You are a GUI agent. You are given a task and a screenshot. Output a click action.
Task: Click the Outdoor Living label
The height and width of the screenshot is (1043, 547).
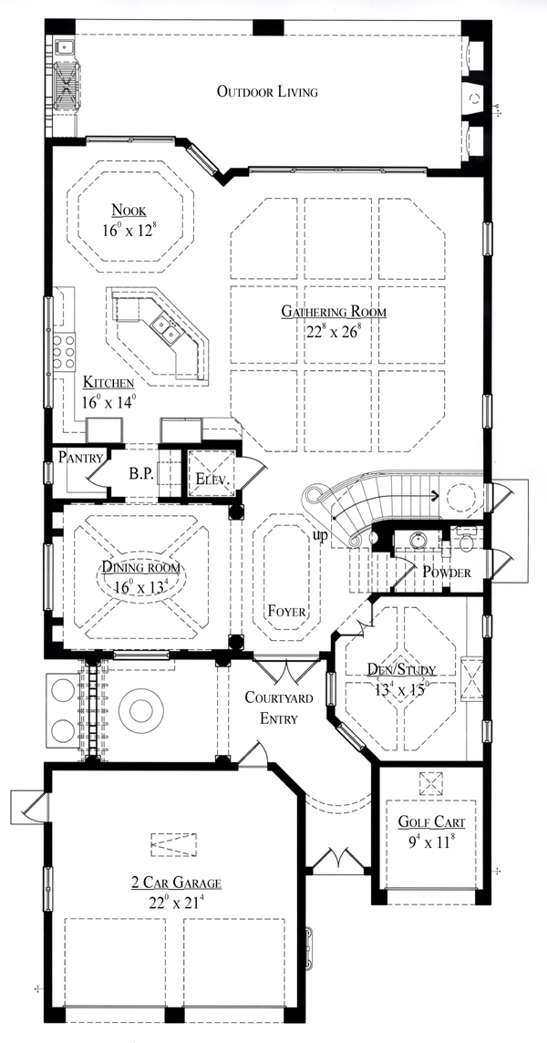[267, 92]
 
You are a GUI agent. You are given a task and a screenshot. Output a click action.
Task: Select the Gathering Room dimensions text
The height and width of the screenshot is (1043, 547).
[334, 331]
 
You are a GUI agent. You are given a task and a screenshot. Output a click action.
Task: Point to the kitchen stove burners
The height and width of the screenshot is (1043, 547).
[65, 351]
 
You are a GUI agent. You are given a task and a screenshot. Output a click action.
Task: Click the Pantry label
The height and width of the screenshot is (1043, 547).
[80, 457]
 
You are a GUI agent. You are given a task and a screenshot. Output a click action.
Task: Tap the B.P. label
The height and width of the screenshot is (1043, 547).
[141, 474]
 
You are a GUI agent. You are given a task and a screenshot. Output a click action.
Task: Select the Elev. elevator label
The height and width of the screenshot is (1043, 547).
[212, 479]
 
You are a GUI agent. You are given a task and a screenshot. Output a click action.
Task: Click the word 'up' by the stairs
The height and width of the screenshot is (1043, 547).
[321, 536]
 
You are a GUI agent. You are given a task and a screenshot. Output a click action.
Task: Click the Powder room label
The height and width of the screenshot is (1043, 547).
[448, 572]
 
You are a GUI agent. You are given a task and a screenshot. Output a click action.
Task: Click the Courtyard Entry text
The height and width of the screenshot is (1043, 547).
[278, 707]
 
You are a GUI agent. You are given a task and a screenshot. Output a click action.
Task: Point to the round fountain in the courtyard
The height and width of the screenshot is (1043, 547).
[141, 710]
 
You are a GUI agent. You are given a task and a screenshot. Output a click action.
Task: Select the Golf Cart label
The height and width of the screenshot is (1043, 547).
[432, 822]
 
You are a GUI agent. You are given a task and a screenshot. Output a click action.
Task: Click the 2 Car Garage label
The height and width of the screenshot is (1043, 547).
[176, 883]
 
